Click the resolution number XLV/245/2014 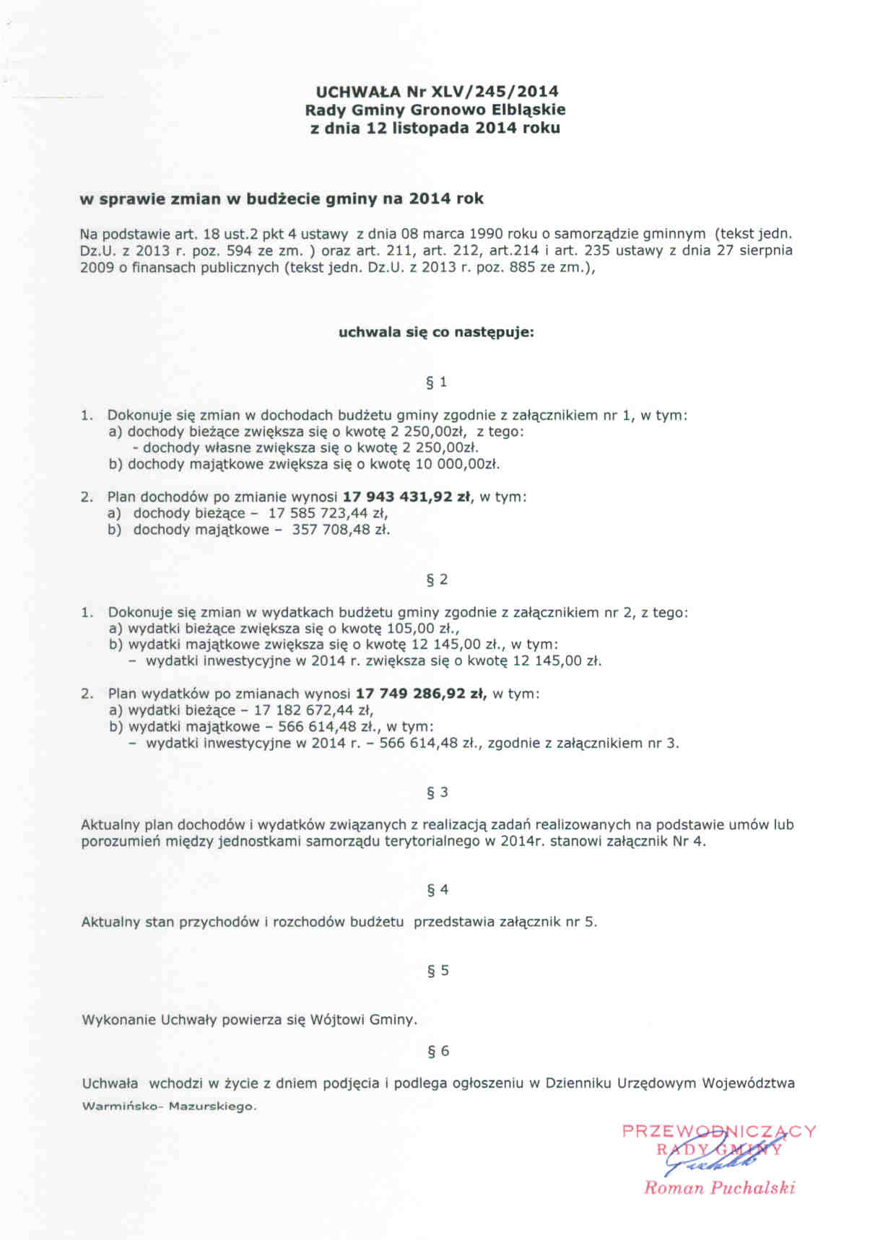pyautogui.click(x=495, y=92)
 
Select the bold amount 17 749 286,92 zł pyautogui.click(x=422, y=694)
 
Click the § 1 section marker pyautogui.click(x=437, y=383)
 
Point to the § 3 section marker pyautogui.click(x=437, y=793)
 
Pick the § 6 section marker pyautogui.click(x=438, y=1051)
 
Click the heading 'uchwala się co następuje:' pyautogui.click(x=436, y=333)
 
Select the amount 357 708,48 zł pyautogui.click(x=340, y=530)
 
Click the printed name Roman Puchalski pyautogui.click(x=719, y=1188)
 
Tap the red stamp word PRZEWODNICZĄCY pyautogui.click(x=718, y=1131)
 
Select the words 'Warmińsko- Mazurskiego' pyautogui.click(x=169, y=1106)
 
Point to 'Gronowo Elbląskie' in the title pyautogui.click(x=488, y=110)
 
